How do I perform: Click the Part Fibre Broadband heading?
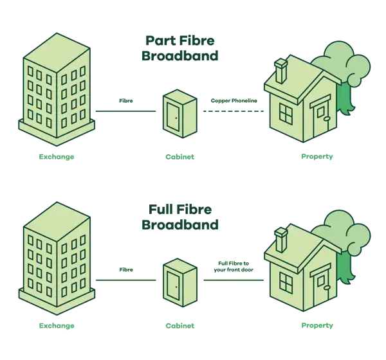click(x=180, y=48)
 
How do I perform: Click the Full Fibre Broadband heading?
click(x=180, y=217)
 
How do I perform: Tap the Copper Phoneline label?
click(x=234, y=101)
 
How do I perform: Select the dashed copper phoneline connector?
click(x=234, y=111)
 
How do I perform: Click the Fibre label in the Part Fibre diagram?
click(x=126, y=101)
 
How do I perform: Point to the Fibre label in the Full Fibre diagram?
click(x=126, y=270)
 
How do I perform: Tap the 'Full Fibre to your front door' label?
click(x=234, y=267)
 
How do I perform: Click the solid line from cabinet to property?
click(x=234, y=280)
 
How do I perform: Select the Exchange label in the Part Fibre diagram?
click(x=57, y=157)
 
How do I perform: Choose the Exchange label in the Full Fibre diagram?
click(x=57, y=326)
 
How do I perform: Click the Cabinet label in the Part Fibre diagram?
click(x=180, y=157)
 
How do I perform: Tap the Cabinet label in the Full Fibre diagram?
click(x=180, y=326)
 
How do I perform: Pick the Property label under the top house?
click(x=317, y=156)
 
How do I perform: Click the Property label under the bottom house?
click(x=317, y=325)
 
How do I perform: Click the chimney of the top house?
click(x=280, y=71)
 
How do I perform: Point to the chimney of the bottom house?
click(x=280, y=240)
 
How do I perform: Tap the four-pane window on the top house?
click(x=286, y=113)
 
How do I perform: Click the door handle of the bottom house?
click(x=327, y=287)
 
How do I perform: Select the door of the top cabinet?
click(x=173, y=116)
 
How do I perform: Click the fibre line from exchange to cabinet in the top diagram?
click(x=125, y=111)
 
